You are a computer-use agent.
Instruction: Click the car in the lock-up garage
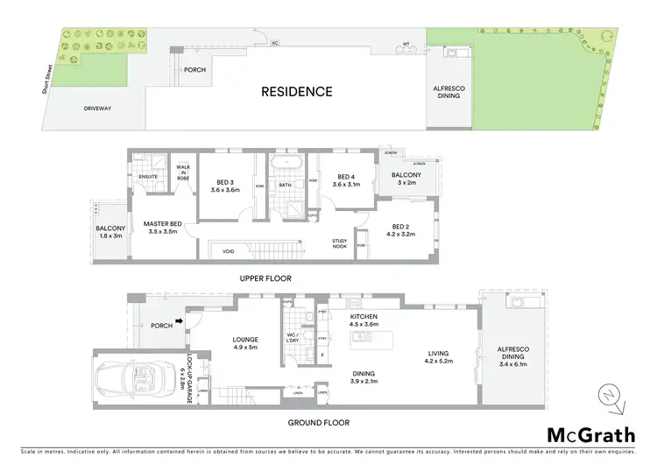(x=137, y=378)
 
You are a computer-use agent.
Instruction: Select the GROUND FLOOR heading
(x=319, y=422)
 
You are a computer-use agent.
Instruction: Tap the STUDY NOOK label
(x=341, y=243)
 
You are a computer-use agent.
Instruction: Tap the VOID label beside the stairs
(x=228, y=250)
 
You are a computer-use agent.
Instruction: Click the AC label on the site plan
(x=275, y=41)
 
